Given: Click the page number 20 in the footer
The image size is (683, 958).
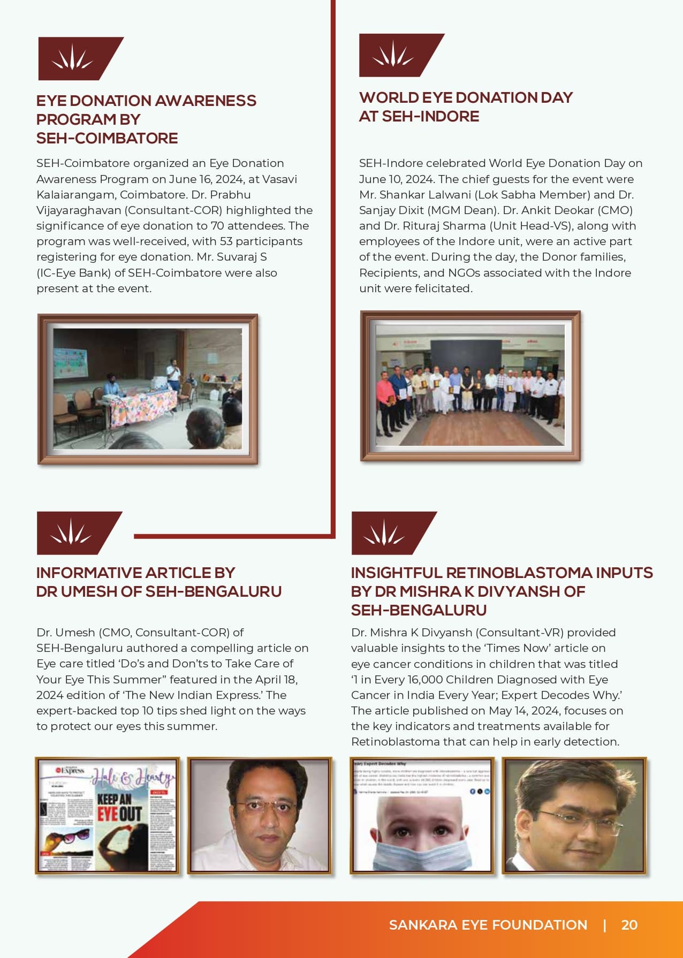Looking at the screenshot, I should click(629, 925).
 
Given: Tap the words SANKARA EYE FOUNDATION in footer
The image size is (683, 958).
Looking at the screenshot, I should click(488, 925).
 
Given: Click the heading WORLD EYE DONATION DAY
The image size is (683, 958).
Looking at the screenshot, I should click(466, 97).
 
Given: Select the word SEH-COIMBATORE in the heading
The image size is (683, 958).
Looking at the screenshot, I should click(107, 138).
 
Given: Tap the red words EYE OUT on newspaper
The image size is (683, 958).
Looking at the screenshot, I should click(119, 814).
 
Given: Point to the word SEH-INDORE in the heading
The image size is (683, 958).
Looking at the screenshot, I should click(430, 116).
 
